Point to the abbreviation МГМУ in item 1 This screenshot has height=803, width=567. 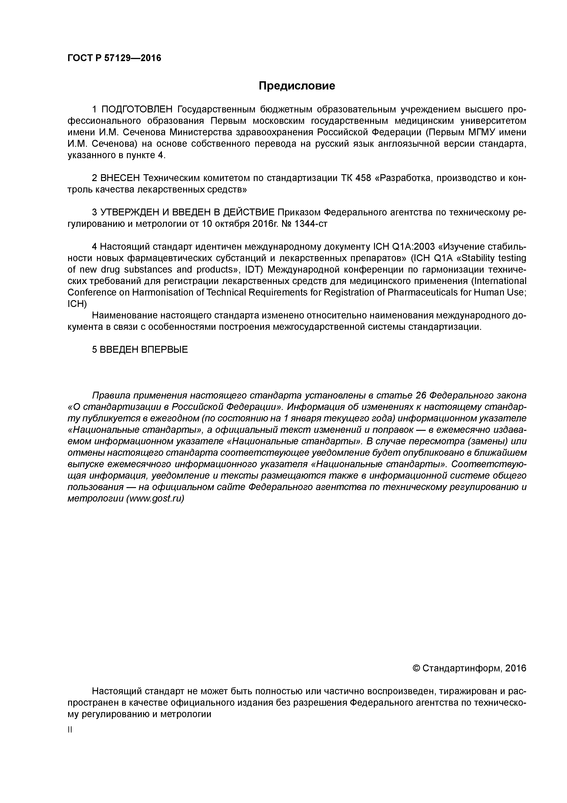482,132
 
